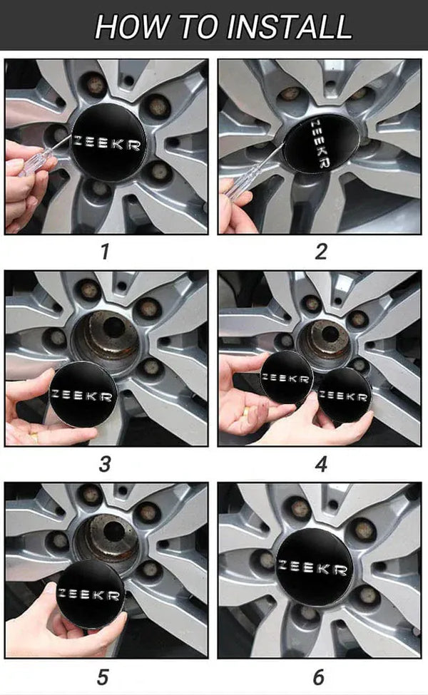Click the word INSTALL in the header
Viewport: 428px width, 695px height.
tap(290, 26)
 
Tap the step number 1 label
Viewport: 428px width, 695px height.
tap(105, 252)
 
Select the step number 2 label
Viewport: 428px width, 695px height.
tap(321, 252)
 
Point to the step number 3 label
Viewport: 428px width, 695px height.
tap(105, 465)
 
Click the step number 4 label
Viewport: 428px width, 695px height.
tap(321, 465)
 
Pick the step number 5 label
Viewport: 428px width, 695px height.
tap(103, 677)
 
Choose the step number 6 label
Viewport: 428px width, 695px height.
tap(319, 677)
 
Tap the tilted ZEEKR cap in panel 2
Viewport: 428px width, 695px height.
tap(322, 143)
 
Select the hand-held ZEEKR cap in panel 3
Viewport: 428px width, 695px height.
tap(83, 394)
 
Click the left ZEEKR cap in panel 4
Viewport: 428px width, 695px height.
tap(286, 377)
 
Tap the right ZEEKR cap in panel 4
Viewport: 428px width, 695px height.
tap(345, 394)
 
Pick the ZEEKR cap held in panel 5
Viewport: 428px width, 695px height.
tap(90, 594)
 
